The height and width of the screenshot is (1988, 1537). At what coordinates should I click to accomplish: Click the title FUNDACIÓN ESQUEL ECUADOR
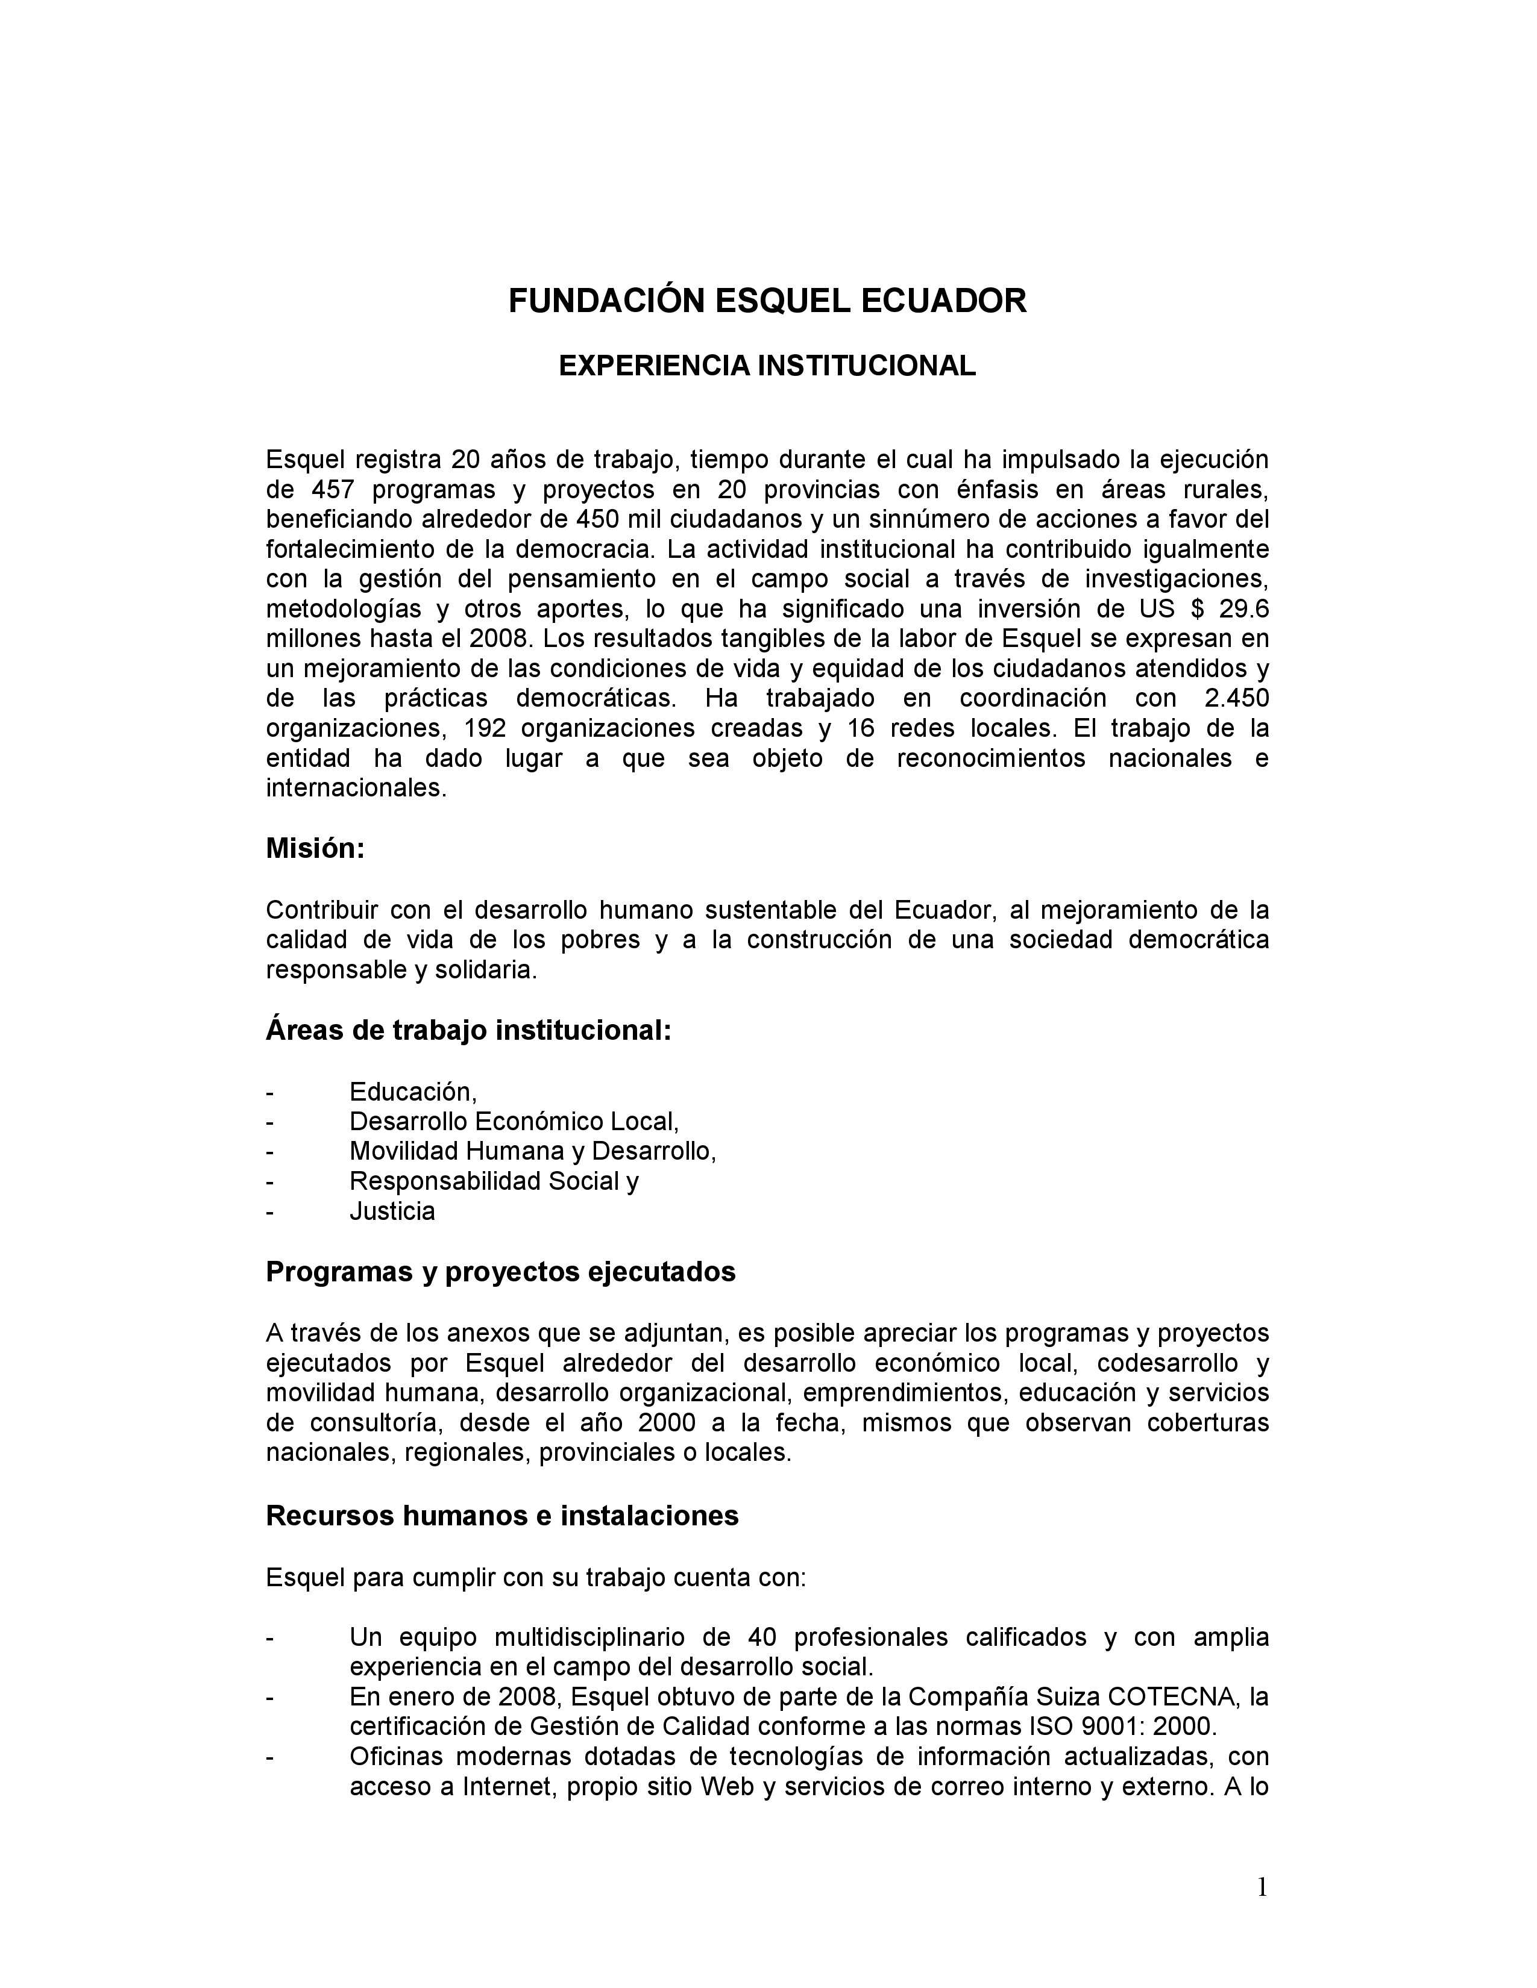pyautogui.click(x=767, y=301)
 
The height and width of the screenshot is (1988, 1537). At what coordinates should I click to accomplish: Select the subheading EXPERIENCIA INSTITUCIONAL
pyautogui.click(x=767, y=366)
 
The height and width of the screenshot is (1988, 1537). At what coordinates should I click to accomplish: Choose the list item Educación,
pyautogui.click(x=412, y=1092)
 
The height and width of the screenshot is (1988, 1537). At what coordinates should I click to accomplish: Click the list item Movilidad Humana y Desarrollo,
pyautogui.click(x=533, y=1151)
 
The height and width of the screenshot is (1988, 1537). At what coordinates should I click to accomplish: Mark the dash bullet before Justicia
pyautogui.click(x=269, y=1211)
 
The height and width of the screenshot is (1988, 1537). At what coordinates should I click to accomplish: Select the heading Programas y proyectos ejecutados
pyautogui.click(x=500, y=1272)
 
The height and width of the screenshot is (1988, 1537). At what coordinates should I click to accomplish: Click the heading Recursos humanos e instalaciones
pyautogui.click(x=501, y=1516)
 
